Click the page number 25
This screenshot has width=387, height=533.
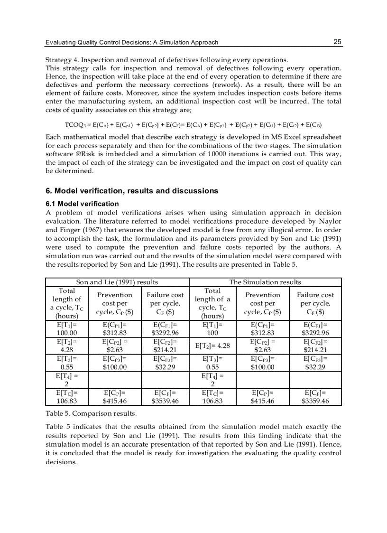tap(337, 42)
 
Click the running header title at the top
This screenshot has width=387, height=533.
tap(132, 43)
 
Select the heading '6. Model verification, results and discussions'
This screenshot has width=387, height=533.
tap(132, 191)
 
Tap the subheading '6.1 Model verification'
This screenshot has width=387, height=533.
tap(82, 204)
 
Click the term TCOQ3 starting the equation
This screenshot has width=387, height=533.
tap(74, 125)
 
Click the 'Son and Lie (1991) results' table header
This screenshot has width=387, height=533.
tap(117, 282)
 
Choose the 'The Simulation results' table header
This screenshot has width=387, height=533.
tap(265, 282)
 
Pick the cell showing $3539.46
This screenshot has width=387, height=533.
tap(165, 401)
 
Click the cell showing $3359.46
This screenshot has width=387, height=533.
tap(315, 401)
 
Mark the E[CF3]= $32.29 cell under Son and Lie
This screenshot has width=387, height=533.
tap(165, 363)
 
